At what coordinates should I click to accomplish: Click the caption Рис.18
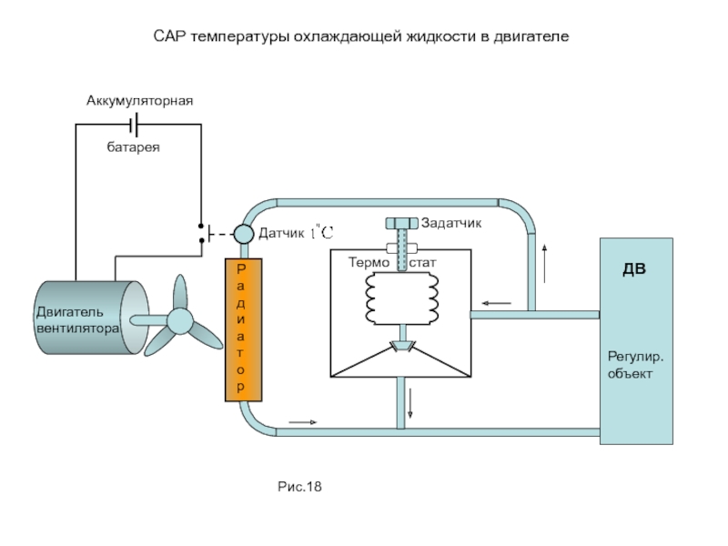point(300,488)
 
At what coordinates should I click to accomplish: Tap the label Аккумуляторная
point(140,99)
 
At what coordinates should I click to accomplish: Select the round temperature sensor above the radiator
point(244,234)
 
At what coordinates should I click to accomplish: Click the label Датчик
point(280,234)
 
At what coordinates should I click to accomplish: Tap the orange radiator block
point(242,329)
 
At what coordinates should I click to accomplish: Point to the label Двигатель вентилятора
point(76,320)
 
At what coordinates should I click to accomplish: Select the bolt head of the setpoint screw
point(400,223)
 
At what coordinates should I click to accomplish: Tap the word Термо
point(368,263)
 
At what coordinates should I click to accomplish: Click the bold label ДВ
point(635,270)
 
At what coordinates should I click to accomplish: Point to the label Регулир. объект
point(635,364)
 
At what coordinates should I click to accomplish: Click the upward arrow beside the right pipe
point(544,263)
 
